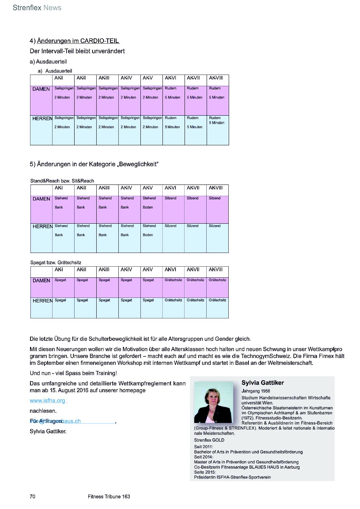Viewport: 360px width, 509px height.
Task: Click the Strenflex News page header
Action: point(37,8)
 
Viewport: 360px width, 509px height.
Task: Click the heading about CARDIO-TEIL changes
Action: point(75,41)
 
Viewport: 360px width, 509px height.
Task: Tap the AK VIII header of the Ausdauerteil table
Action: point(216,78)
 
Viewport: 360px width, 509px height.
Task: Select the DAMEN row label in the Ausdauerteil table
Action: point(41,89)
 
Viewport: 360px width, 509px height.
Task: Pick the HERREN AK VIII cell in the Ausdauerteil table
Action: point(218,130)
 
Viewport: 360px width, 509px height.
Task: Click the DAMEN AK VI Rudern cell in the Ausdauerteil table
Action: point(174,100)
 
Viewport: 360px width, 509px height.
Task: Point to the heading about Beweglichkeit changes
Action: point(94,164)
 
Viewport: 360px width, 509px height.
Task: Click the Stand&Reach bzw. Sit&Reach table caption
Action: point(62,181)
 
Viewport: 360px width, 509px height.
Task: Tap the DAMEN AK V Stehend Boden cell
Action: point(151,209)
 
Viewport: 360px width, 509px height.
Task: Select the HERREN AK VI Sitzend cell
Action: point(174,238)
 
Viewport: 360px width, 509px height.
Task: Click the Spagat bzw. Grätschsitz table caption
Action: point(56,262)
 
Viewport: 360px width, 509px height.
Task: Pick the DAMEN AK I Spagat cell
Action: point(63,287)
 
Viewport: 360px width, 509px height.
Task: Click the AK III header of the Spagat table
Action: point(104,270)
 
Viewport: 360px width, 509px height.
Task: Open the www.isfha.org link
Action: point(48,401)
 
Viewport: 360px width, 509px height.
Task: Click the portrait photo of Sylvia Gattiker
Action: point(213,402)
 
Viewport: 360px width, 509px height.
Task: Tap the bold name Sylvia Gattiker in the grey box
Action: point(263,383)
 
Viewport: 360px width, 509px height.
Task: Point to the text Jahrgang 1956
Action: point(256,391)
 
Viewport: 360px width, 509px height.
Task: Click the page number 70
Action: point(32,496)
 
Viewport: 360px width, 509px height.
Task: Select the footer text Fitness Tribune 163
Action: point(109,496)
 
